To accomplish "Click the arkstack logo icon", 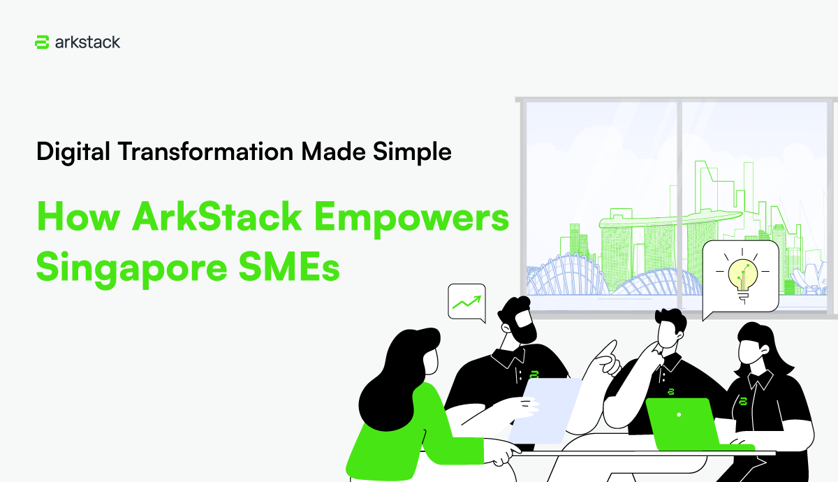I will point(41,42).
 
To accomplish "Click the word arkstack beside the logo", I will point(87,42).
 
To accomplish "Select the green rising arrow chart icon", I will point(466,302).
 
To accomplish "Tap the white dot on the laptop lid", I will point(678,415).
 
